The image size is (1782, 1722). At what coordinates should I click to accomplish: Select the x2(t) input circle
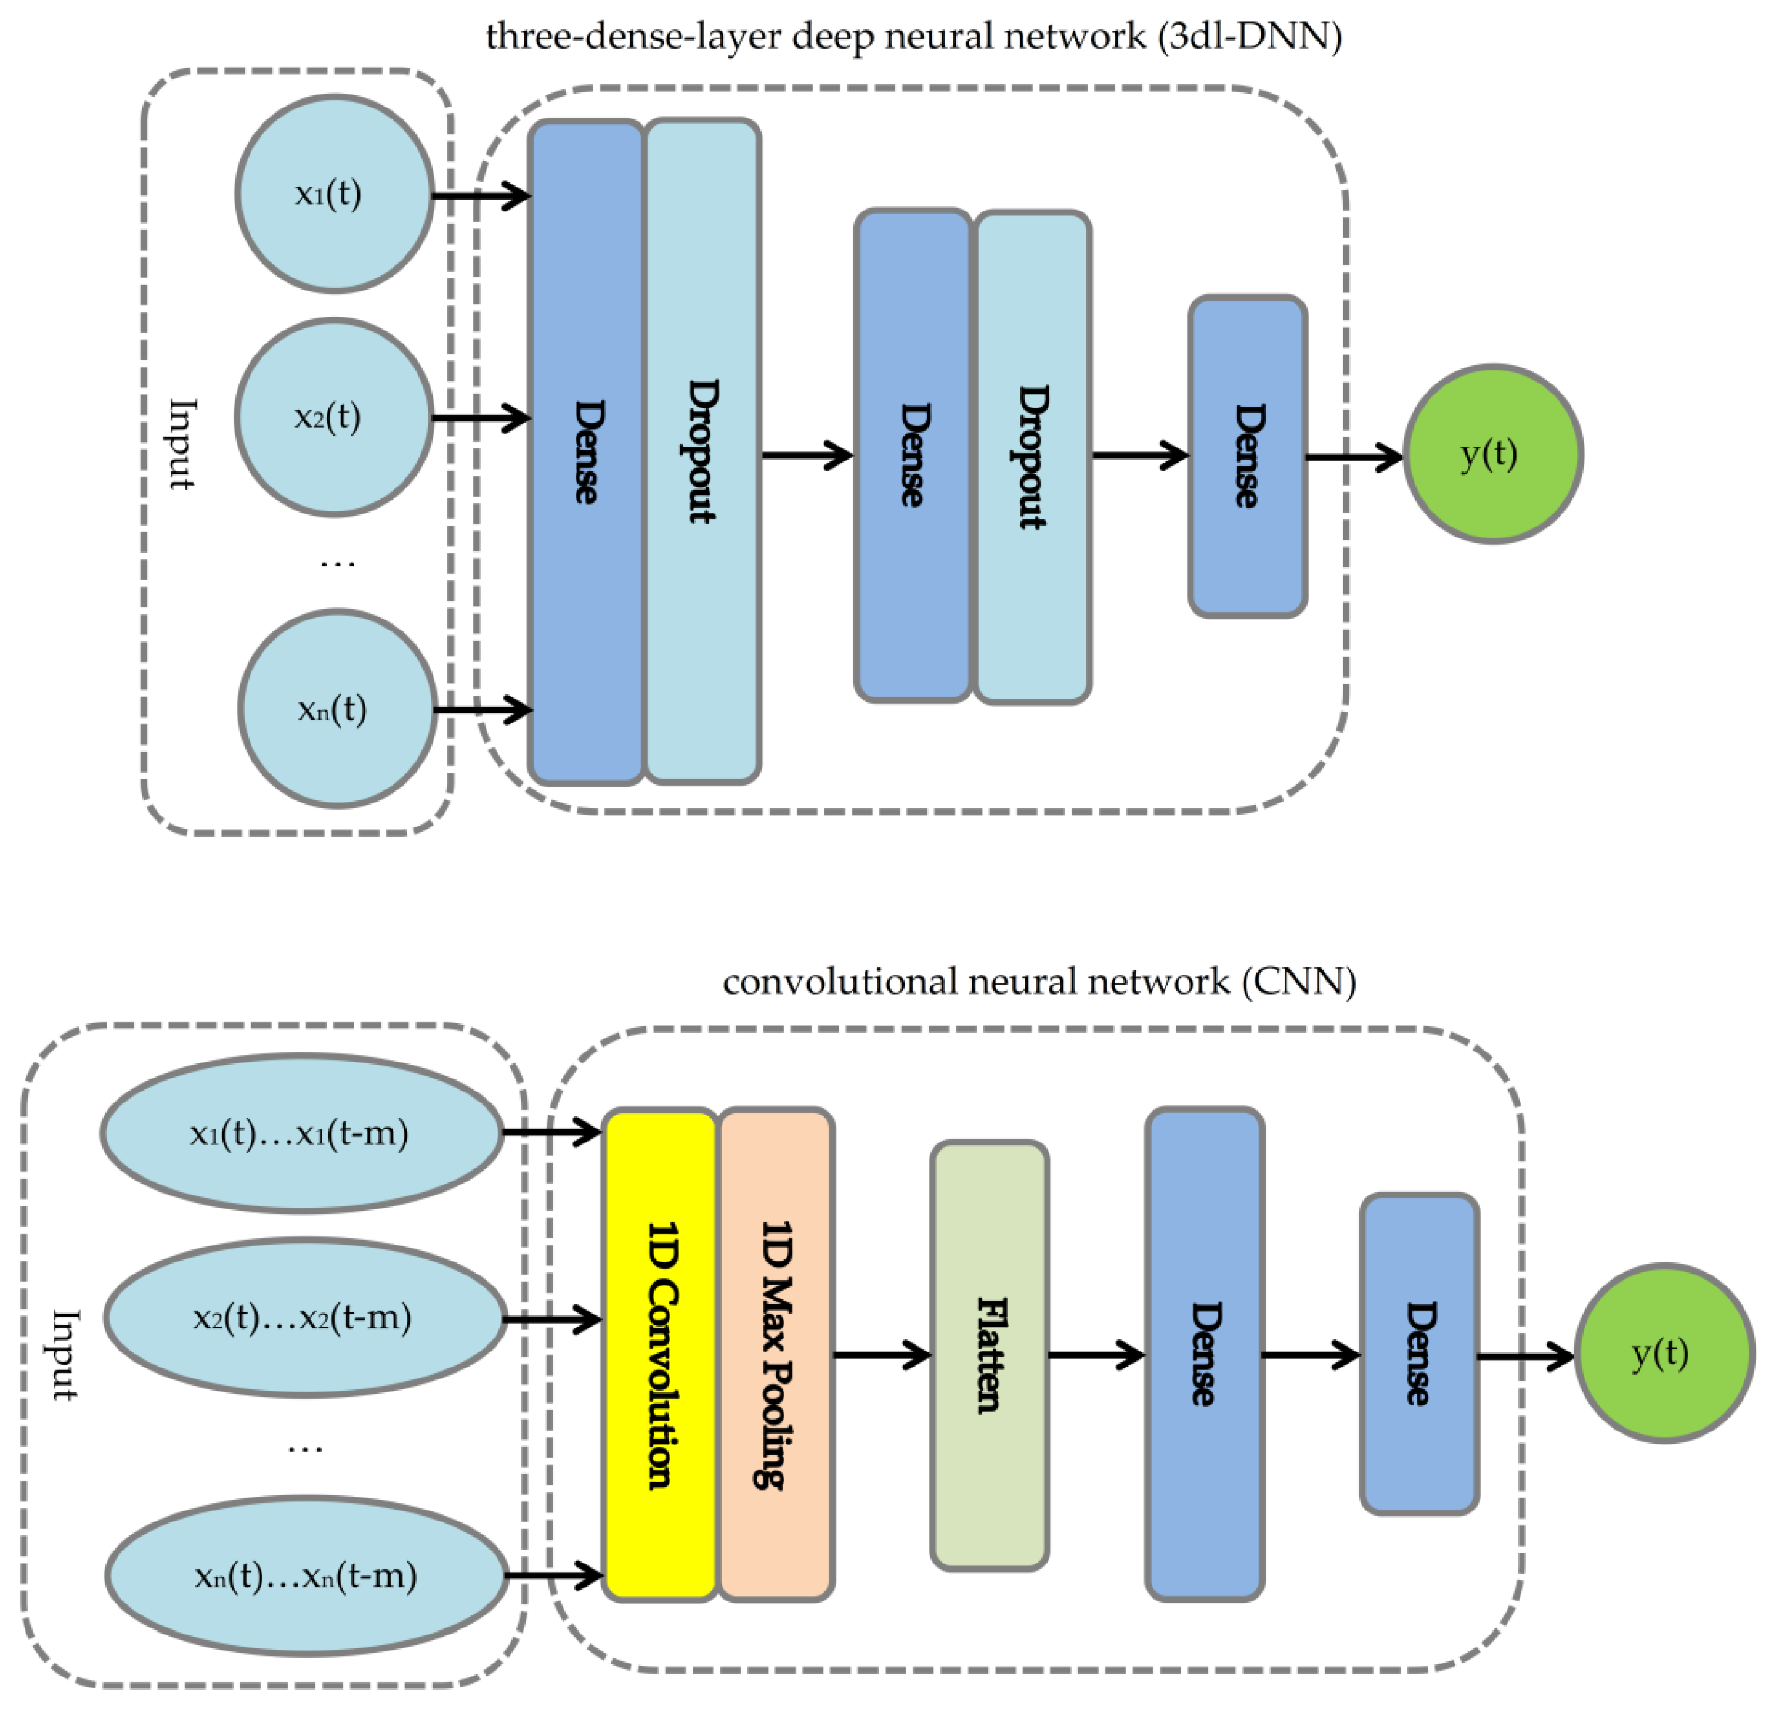click(x=333, y=417)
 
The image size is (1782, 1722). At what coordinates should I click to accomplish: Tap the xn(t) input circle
click(x=337, y=709)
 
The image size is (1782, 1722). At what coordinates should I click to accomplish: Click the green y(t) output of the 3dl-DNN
click(x=1493, y=454)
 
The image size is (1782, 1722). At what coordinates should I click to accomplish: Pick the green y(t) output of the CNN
click(x=1663, y=1354)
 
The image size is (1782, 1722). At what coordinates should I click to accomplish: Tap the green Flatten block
click(x=989, y=1355)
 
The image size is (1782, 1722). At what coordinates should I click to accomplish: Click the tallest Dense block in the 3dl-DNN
click(x=586, y=452)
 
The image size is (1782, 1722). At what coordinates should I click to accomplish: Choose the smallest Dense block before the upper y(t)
click(x=1248, y=456)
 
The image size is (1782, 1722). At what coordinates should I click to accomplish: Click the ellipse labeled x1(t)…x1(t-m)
click(x=301, y=1133)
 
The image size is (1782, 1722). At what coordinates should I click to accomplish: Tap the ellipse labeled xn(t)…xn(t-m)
click(x=307, y=1575)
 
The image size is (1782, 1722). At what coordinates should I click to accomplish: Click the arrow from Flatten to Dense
click(x=1096, y=1355)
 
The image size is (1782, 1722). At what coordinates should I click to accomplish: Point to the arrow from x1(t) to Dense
click(x=480, y=195)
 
